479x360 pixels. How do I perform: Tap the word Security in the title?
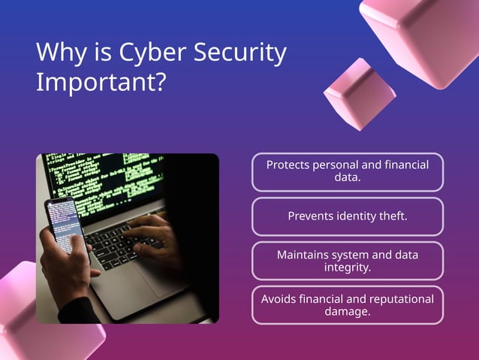[x=240, y=53]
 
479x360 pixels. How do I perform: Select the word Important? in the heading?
[x=101, y=82]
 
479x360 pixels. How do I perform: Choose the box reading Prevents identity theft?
[x=348, y=216]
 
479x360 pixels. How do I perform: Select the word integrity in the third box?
[x=346, y=268]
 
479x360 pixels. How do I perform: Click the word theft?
[x=390, y=216]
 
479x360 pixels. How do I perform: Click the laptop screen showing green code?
[x=105, y=180]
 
